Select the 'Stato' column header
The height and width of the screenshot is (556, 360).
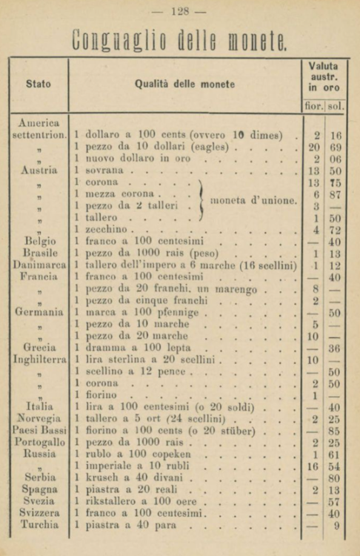pyautogui.click(x=39, y=84)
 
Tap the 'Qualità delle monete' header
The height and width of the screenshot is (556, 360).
pyautogui.click(x=185, y=84)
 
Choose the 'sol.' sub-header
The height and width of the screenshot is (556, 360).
pyautogui.click(x=336, y=106)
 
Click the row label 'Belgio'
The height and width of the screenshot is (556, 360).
pyautogui.click(x=40, y=242)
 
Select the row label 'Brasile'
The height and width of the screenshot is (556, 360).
pyautogui.click(x=41, y=254)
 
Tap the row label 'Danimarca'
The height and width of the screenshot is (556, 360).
pyautogui.click(x=40, y=265)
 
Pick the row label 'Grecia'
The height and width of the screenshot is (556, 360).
pyautogui.click(x=39, y=348)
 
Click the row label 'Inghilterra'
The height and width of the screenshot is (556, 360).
pyautogui.click(x=40, y=360)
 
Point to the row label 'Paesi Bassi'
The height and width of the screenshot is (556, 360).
pyautogui.click(x=40, y=430)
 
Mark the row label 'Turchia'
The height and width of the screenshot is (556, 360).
pyautogui.click(x=40, y=524)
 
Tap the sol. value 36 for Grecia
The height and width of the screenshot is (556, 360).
pyautogui.click(x=336, y=348)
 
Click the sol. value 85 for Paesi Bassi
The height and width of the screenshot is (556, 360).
pyautogui.click(x=336, y=430)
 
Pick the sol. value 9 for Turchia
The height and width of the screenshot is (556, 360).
pyautogui.click(x=337, y=524)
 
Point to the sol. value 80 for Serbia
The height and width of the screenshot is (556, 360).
pyautogui.click(x=336, y=477)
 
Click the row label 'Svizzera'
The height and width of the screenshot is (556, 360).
pyautogui.click(x=40, y=512)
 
